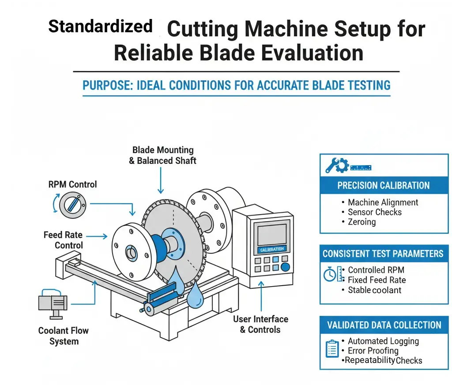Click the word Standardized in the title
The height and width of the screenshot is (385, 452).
[100, 27]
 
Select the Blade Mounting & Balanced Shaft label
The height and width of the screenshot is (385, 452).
[162, 156]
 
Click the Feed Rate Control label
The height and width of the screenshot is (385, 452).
[63, 240]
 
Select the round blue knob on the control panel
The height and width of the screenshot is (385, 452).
[286, 267]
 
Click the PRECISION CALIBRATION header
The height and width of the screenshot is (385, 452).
[384, 185]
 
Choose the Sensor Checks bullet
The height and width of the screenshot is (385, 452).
[375, 212]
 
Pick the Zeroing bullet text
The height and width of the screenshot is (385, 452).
[362, 222]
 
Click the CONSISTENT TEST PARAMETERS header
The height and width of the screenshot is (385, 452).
[383, 254]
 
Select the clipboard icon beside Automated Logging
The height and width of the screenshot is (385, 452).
[331, 348]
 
